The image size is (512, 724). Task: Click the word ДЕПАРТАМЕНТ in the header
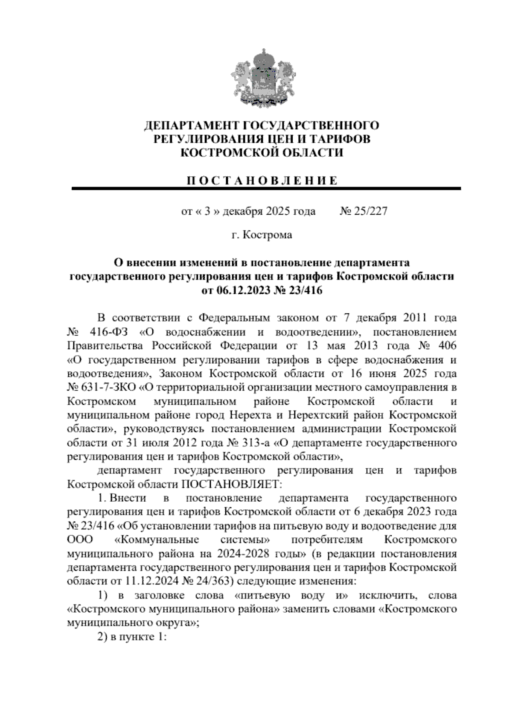pos(192,126)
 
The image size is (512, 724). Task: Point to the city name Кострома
pos(268,235)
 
